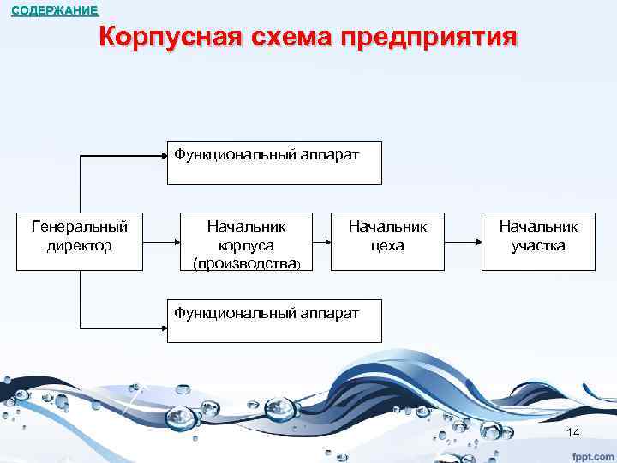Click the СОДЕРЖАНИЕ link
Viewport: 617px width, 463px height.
pyautogui.click(x=55, y=11)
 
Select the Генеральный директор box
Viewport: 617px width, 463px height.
pyautogui.click(x=80, y=240)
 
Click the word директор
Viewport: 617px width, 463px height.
pyautogui.click(x=80, y=246)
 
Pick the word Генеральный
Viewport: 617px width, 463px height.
pyautogui.click(x=80, y=227)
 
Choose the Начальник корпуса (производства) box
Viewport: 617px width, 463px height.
pyautogui.click(x=247, y=241)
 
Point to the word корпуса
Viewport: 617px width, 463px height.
pyautogui.click(x=247, y=246)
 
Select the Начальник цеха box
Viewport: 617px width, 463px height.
pyautogui.click(x=387, y=241)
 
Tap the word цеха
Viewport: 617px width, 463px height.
pyautogui.click(x=387, y=246)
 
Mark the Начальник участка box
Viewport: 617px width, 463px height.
pyautogui.click(x=538, y=241)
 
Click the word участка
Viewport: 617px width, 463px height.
pyautogui.click(x=538, y=246)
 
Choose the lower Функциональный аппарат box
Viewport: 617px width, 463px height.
pyautogui.click(x=274, y=321)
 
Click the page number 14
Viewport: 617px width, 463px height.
pyautogui.click(x=573, y=431)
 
